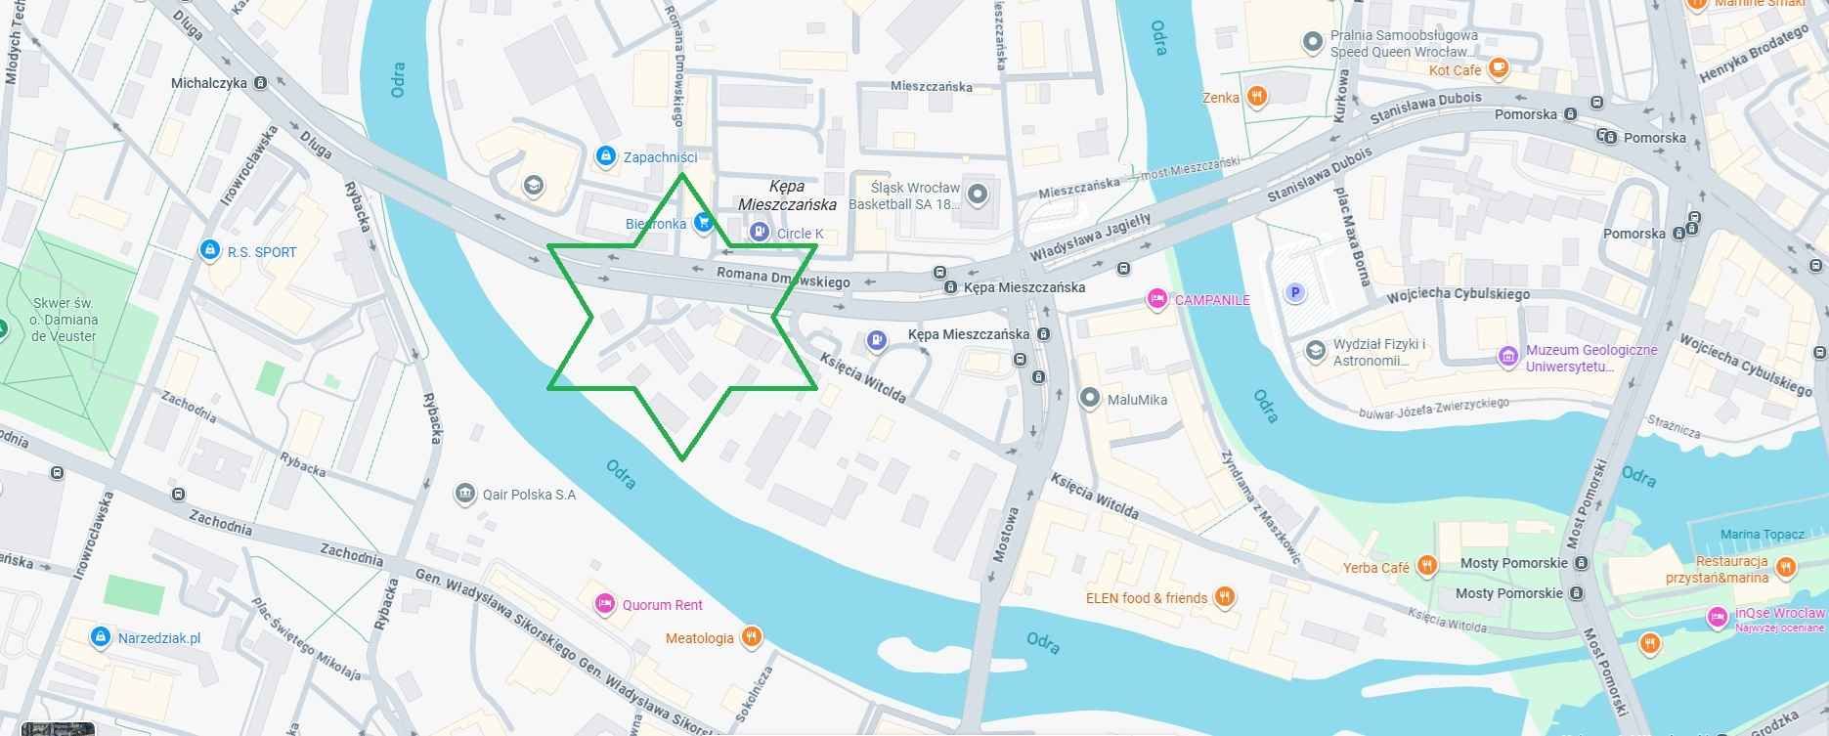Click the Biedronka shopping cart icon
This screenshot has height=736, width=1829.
[702, 223]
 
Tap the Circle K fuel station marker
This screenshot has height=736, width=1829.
[759, 233]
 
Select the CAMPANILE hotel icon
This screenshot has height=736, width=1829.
[1157, 299]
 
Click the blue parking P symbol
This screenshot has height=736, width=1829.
[1296, 292]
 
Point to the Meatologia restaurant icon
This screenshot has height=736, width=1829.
[751, 638]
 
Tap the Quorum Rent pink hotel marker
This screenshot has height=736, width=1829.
[605, 604]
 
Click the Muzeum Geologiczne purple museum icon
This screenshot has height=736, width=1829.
[1509, 358]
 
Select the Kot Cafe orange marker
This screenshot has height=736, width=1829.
[1499, 69]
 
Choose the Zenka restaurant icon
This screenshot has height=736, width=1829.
[1258, 97]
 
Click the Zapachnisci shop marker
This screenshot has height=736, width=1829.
[606, 156]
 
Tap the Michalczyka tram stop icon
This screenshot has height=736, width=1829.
[260, 84]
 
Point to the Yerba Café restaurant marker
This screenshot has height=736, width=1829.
[1427, 566]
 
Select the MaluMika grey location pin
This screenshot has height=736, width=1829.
[1090, 399]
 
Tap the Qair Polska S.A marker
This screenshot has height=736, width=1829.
[465, 494]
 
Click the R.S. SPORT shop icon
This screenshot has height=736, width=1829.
[208, 251]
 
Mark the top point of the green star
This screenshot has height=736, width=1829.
[682, 174]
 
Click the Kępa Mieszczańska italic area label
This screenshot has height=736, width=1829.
[787, 195]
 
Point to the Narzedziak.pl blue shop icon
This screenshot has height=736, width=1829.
[100, 637]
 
